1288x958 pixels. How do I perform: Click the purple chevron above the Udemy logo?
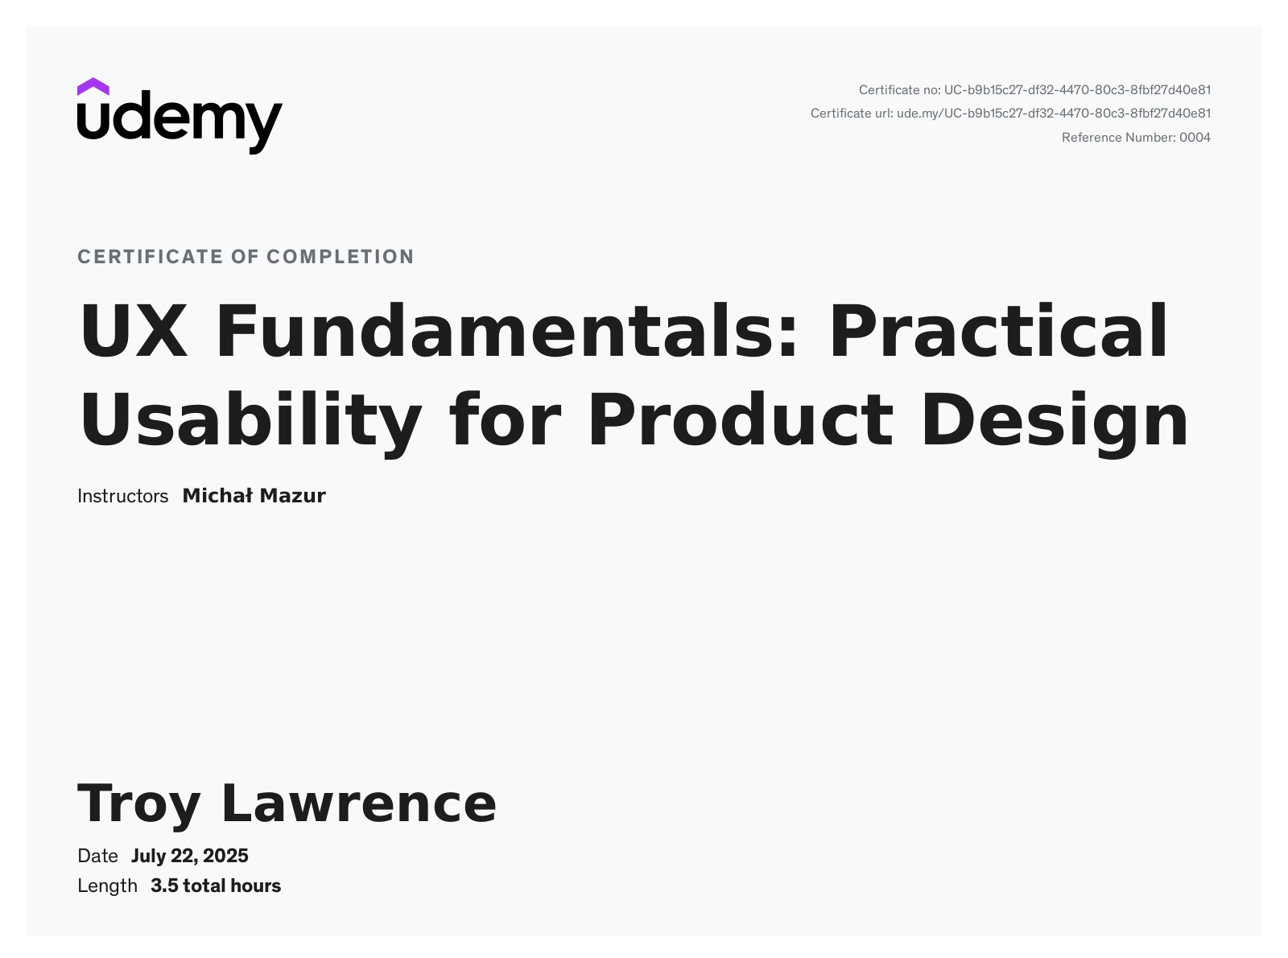pos(93,87)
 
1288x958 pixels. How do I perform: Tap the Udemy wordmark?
pos(180,122)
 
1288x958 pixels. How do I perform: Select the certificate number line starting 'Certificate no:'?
pos(1034,90)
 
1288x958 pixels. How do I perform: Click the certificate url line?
pos(1010,114)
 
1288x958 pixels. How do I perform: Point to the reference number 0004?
pos(1195,138)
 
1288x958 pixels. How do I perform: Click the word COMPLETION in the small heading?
pos(341,257)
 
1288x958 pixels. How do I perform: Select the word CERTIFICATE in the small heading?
pos(151,257)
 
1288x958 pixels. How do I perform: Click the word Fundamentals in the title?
pos(506,331)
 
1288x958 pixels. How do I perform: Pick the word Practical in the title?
pos(998,331)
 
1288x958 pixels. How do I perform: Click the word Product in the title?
pos(741,420)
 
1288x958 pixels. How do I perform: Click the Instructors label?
pos(122,496)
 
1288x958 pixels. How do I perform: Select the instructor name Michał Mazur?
pos(254,496)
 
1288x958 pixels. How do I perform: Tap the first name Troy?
pos(138,805)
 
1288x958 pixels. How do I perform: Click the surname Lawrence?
pos(359,803)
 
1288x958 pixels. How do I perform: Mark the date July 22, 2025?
pos(190,857)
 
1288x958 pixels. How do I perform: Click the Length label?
pos(107,886)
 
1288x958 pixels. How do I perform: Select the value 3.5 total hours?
pos(216,886)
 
